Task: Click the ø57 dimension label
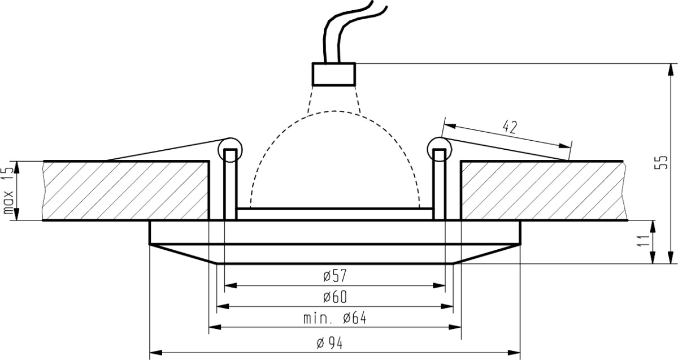pyautogui.click(x=334, y=276)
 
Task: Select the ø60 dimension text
pyautogui.click(x=334, y=297)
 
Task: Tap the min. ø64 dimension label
pyautogui.click(x=334, y=318)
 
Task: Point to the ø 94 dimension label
pyautogui.click(x=329, y=344)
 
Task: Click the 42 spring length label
pyautogui.click(x=510, y=127)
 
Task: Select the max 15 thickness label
pyautogui.click(x=8, y=191)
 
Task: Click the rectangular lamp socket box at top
pyautogui.click(x=333, y=75)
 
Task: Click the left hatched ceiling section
pyautogui.click(x=125, y=191)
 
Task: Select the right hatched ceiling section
pyautogui.click(x=544, y=191)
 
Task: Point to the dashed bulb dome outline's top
pyautogui.click(x=334, y=111)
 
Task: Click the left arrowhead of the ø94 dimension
pyautogui.click(x=156, y=353)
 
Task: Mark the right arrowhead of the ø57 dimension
pyautogui.click(x=439, y=285)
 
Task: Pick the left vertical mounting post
pyautogui.click(x=230, y=184)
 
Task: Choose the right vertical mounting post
pyautogui.click(x=440, y=184)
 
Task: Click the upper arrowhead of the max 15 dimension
pyautogui.click(x=17, y=168)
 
